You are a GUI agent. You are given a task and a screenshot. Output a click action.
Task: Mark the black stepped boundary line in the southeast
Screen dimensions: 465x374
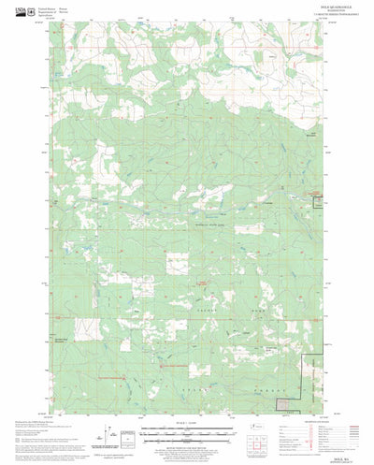(309, 374)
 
